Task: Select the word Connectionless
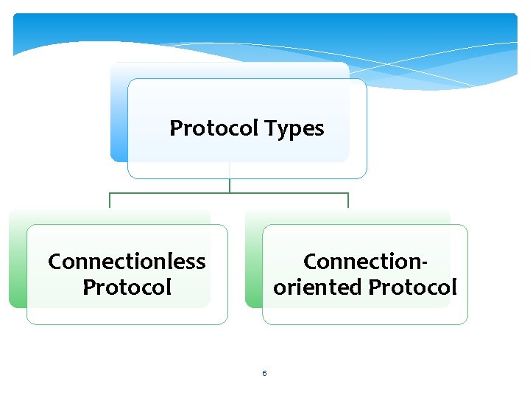click(127, 262)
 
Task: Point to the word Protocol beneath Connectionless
click(127, 287)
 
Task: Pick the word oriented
click(317, 287)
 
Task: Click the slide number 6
click(264, 373)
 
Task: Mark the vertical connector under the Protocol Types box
click(230, 185)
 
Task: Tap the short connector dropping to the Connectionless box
click(110, 200)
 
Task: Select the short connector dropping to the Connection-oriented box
click(347, 200)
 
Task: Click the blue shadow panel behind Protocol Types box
click(119, 111)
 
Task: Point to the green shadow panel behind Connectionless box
click(17, 258)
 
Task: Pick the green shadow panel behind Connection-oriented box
click(253, 258)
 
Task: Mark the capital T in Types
click(271, 128)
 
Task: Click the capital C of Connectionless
click(55, 262)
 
